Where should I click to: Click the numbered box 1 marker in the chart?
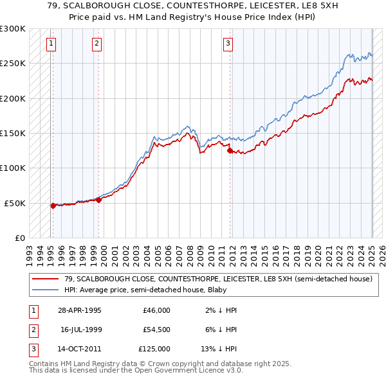pyautogui.click(x=51, y=44)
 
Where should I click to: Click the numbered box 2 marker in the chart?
pyautogui.click(x=96, y=44)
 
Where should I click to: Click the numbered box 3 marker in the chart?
pyautogui.click(x=228, y=44)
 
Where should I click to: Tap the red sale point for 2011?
pyautogui.click(x=230, y=151)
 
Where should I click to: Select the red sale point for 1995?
pyautogui.click(x=53, y=206)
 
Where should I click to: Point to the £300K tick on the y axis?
pyautogui.click(x=13, y=29)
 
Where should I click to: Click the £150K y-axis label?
pyautogui.click(x=13, y=133)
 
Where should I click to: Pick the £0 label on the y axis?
pyautogui.click(x=19, y=238)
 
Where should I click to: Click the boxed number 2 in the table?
pyautogui.click(x=32, y=330)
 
